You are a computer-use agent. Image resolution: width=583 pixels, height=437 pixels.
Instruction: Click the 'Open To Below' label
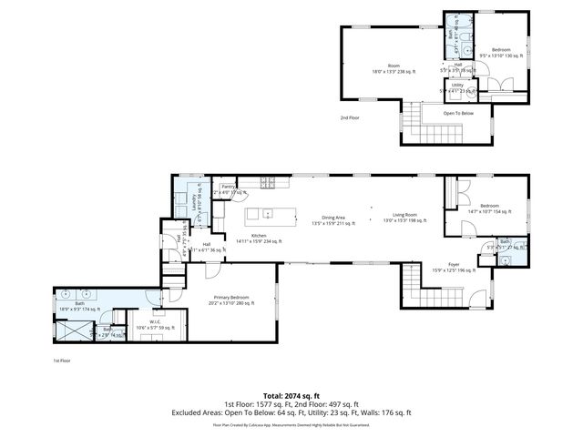(x=458, y=113)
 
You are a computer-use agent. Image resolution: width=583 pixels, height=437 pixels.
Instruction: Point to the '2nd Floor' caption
(x=351, y=118)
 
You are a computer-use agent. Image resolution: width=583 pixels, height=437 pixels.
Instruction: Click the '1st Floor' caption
(x=63, y=360)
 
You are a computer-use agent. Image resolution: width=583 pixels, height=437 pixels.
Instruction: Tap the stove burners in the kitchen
(x=269, y=183)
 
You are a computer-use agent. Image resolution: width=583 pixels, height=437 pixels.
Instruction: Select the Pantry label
(x=228, y=188)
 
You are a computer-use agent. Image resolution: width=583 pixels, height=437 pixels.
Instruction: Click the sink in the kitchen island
(x=268, y=215)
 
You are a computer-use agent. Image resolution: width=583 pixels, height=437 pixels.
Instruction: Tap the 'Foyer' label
(x=454, y=267)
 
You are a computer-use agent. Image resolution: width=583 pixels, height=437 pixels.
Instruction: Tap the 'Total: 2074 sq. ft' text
(x=291, y=396)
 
